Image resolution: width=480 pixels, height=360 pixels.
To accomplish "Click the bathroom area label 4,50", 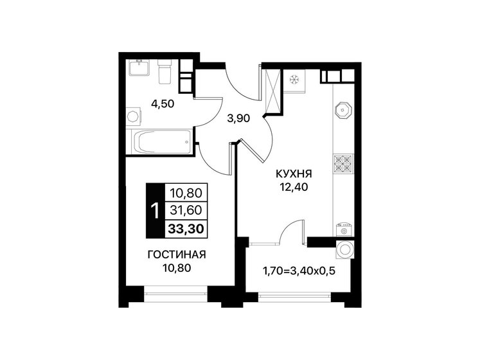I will click(x=163, y=102).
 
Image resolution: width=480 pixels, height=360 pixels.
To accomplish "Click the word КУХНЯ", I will click(x=294, y=174).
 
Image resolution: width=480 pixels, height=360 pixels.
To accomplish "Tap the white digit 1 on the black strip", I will click(x=154, y=210).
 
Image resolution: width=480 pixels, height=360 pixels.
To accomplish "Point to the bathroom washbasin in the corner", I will click(x=139, y=68).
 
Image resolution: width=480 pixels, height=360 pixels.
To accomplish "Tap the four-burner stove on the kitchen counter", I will click(x=342, y=165).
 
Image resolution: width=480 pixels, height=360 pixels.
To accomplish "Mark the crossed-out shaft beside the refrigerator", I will click(x=271, y=89).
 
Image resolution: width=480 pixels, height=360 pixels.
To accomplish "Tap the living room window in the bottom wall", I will click(x=170, y=294).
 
